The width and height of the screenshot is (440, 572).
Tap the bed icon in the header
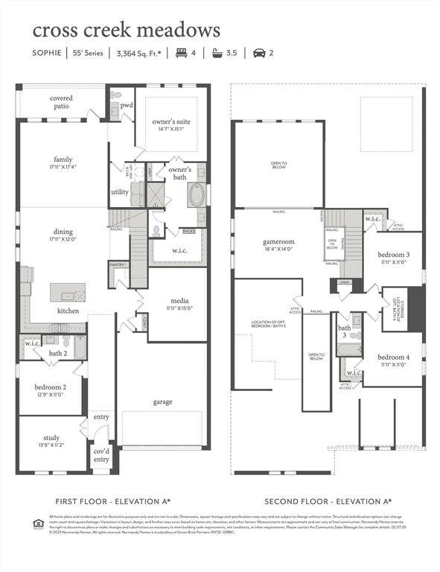pyautogui.click(x=181, y=53)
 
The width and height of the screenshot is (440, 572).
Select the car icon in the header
pyautogui.click(x=259, y=53)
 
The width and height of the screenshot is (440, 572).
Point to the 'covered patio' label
pyautogui.click(x=61, y=102)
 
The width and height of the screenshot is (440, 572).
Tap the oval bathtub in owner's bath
pyautogui.click(x=198, y=195)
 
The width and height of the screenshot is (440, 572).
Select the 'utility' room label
pyautogui.click(x=120, y=191)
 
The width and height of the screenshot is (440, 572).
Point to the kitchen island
pyautogui.click(x=68, y=292)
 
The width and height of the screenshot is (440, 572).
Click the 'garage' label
pyautogui.click(x=162, y=401)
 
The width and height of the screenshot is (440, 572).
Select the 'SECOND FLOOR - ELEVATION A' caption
pyautogui.click(x=328, y=501)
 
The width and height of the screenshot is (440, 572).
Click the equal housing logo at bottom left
pyautogui.click(x=39, y=524)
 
